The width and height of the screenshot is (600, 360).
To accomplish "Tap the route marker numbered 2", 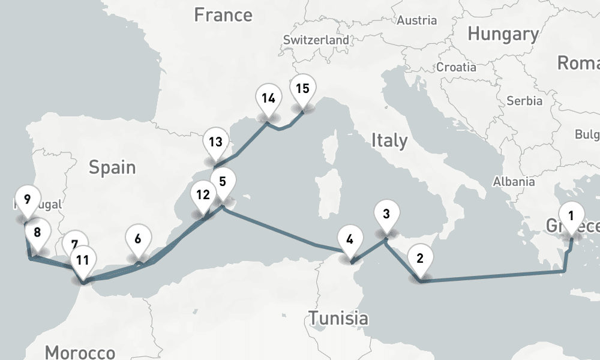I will (x=419, y=259).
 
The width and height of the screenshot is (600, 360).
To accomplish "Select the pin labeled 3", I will (x=386, y=214).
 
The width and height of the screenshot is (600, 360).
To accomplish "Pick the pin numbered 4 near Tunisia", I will (x=350, y=239).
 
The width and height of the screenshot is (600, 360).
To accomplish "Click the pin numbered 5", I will (x=223, y=181).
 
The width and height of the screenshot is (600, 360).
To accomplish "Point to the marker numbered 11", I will (x=83, y=260).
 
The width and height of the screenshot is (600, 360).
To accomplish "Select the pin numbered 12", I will (x=203, y=195).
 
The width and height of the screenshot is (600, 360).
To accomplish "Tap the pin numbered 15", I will (x=302, y=89).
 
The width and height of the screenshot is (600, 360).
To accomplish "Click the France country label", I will (x=224, y=14).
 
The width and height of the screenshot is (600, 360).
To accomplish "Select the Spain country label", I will (x=112, y=167).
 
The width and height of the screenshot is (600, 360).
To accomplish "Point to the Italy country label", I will (x=389, y=140).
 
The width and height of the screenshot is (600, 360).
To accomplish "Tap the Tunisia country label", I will (x=338, y=317).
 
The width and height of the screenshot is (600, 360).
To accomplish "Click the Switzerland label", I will (x=316, y=40).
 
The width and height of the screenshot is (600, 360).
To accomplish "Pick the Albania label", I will (x=514, y=182).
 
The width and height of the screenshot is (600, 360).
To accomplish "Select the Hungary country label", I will (x=503, y=34).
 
